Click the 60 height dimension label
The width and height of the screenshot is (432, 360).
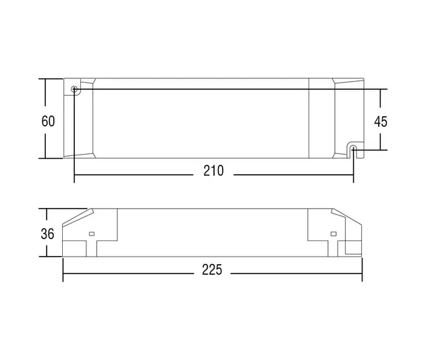point(48,122)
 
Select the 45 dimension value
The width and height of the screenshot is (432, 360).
point(381,122)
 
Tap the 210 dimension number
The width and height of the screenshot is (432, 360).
point(213,171)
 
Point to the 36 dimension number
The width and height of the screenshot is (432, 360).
point(48,234)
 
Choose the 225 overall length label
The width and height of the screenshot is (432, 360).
point(212,271)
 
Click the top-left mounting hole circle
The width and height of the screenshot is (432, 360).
point(74,89)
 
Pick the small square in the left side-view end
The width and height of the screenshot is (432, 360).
point(91,234)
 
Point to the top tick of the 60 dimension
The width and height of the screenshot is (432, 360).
point(45,79)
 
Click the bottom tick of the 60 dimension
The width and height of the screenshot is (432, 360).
point(45,159)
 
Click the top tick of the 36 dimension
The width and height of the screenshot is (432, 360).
point(45,209)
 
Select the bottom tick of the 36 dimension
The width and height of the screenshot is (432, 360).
point(45,257)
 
